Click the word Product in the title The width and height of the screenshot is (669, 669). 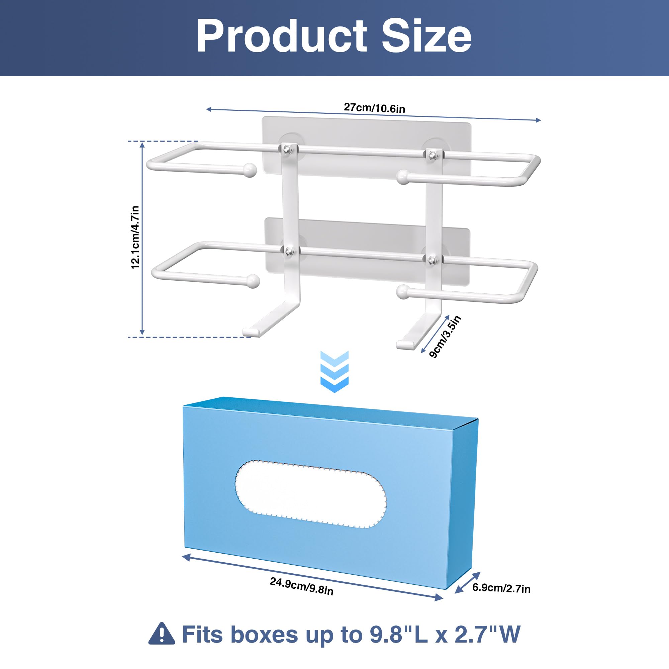pos(282,36)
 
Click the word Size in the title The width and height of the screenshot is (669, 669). pos(426,36)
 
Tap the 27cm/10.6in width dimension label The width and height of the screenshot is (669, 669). pos(374,108)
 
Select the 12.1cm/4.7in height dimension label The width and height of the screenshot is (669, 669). pos(135,237)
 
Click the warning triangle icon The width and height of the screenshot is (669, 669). pos(162,633)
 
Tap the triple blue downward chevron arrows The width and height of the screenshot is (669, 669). pos(334,372)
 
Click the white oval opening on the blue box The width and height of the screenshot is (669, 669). pos(311,494)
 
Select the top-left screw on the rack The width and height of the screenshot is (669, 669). pos(287,150)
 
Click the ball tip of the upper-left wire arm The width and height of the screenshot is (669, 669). pos(250,170)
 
